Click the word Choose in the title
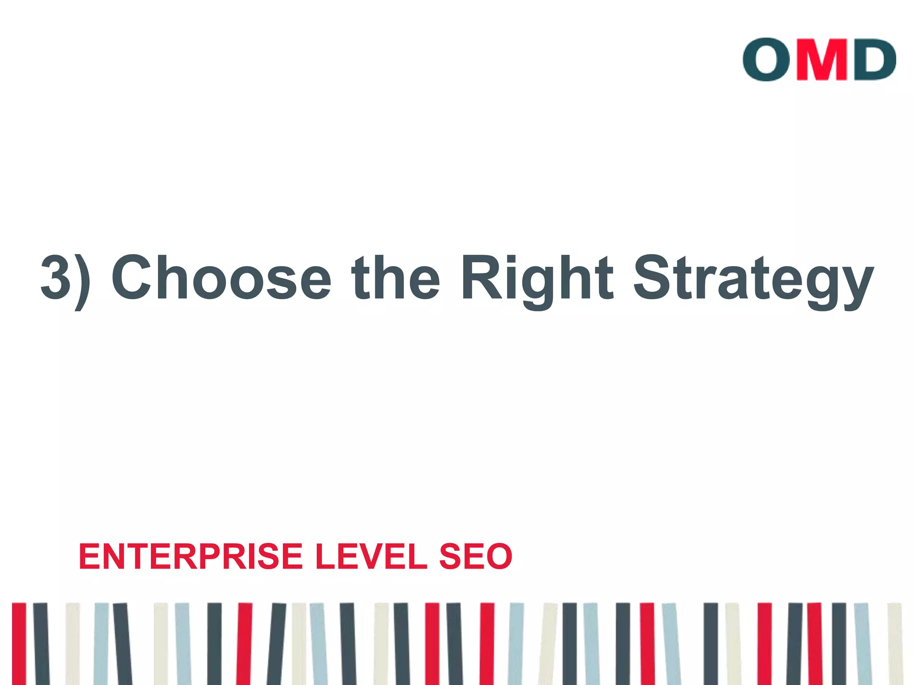[221, 277]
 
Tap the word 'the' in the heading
[395, 277]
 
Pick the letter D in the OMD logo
[874, 59]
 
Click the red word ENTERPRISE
[191, 557]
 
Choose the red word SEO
[476, 557]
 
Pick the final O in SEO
[498, 557]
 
